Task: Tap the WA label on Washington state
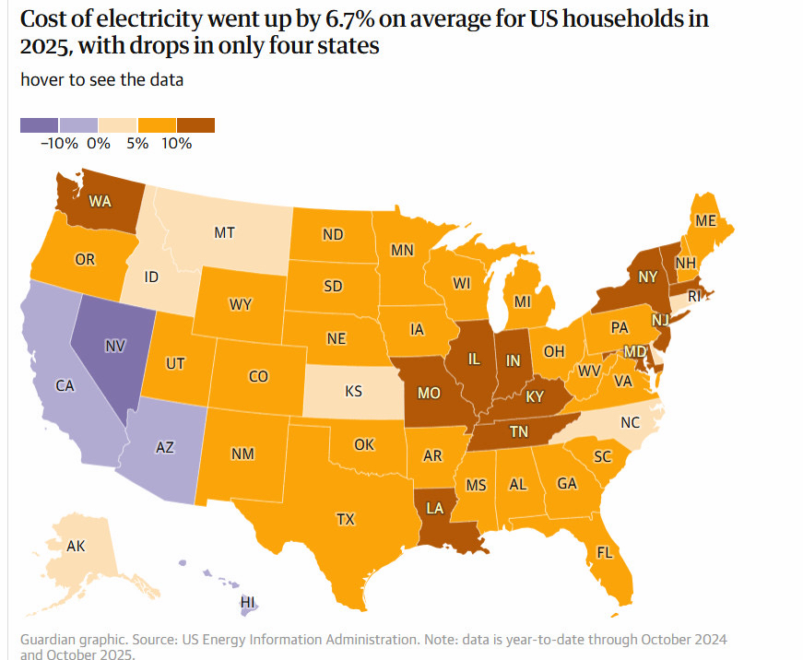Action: click(100, 200)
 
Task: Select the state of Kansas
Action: click(353, 392)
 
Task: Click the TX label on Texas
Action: click(345, 519)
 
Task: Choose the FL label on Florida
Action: click(605, 554)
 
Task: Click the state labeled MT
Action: click(224, 233)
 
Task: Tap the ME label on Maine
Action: click(706, 221)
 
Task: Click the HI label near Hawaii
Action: click(247, 602)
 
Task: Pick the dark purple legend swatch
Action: click(40, 125)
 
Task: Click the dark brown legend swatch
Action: click(195, 125)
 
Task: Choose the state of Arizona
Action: click(165, 447)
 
